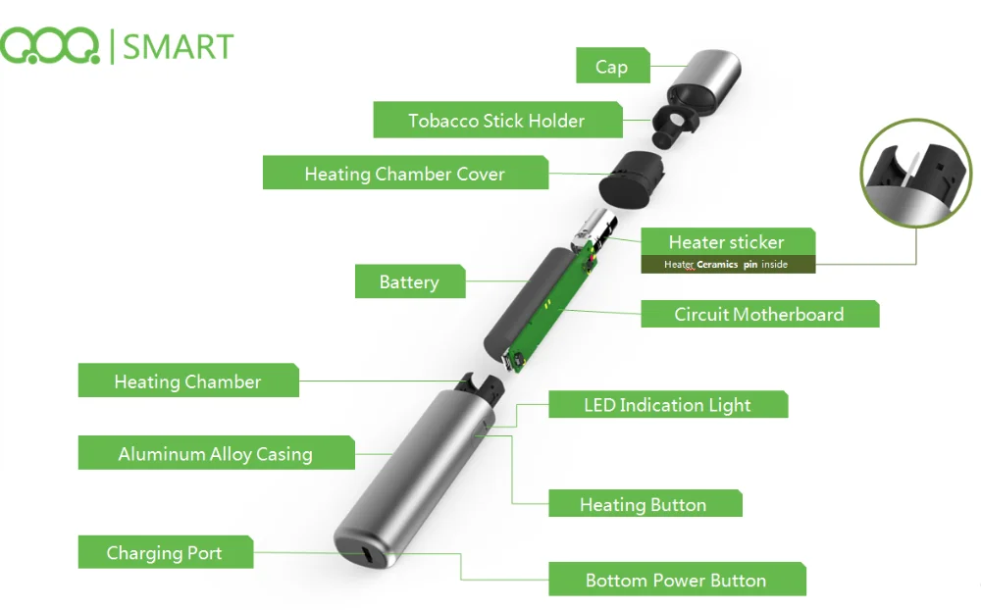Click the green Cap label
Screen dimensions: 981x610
tap(612, 65)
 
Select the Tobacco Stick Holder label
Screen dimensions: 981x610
tap(497, 120)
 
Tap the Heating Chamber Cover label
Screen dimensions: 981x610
tap(405, 173)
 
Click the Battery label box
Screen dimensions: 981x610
tap(410, 281)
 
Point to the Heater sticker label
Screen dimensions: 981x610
tap(728, 241)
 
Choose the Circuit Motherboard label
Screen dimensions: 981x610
tap(759, 314)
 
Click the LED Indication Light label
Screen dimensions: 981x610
tap(667, 404)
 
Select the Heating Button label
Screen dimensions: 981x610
tap(645, 503)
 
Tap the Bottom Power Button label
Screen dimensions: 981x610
tap(677, 579)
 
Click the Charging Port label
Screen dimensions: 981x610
tap(165, 552)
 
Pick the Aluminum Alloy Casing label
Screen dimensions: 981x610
tap(216, 452)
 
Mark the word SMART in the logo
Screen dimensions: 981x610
tap(178, 47)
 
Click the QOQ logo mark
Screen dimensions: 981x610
tap(50, 46)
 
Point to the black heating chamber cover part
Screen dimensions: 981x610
tap(631, 180)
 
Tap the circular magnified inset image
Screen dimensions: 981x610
tap(916, 174)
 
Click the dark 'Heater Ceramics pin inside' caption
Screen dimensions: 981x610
tap(728, 264)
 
